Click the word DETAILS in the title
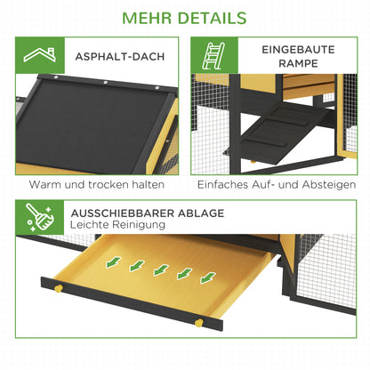(x=215, y=18)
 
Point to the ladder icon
(x=213, y=57)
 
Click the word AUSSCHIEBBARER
(x=122, y=213)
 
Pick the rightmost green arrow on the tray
(x=206, y=277)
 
